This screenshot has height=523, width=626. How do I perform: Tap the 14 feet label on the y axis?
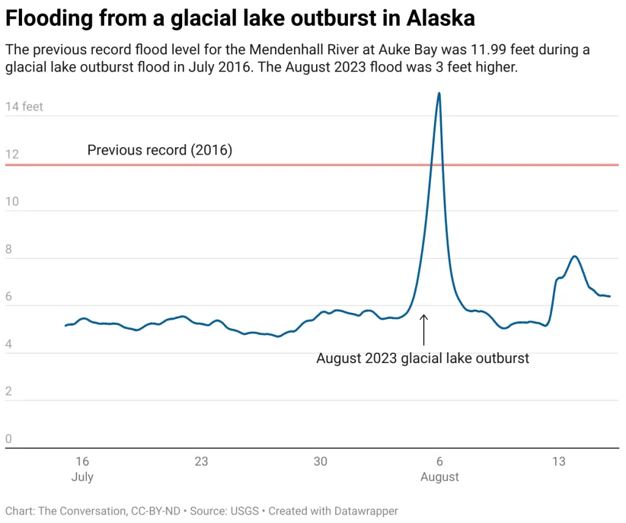[24, 107]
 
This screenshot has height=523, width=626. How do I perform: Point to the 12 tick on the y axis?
[12, 155]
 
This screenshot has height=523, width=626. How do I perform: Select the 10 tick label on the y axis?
[12, 202]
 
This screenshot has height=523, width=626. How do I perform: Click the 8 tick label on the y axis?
[9, 249]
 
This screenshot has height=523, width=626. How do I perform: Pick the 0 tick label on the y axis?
[9, 439]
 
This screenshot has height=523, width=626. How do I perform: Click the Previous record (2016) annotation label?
[160, 150]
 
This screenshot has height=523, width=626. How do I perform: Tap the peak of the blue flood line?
[439, 93]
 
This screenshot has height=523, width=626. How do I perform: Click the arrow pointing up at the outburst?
[424, 330]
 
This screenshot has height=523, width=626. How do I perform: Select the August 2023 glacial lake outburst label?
[422, 358]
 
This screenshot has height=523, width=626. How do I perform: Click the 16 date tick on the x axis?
[83, 461]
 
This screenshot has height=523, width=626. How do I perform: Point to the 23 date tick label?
[201, 461]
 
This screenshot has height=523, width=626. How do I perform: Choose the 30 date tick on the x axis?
[320, 461]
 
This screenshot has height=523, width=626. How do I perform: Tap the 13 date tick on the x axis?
[559, 461]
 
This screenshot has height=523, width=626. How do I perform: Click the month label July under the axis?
[83, 477]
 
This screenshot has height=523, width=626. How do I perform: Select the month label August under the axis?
[440, 477]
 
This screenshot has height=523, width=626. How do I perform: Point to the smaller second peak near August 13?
[575, 257]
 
